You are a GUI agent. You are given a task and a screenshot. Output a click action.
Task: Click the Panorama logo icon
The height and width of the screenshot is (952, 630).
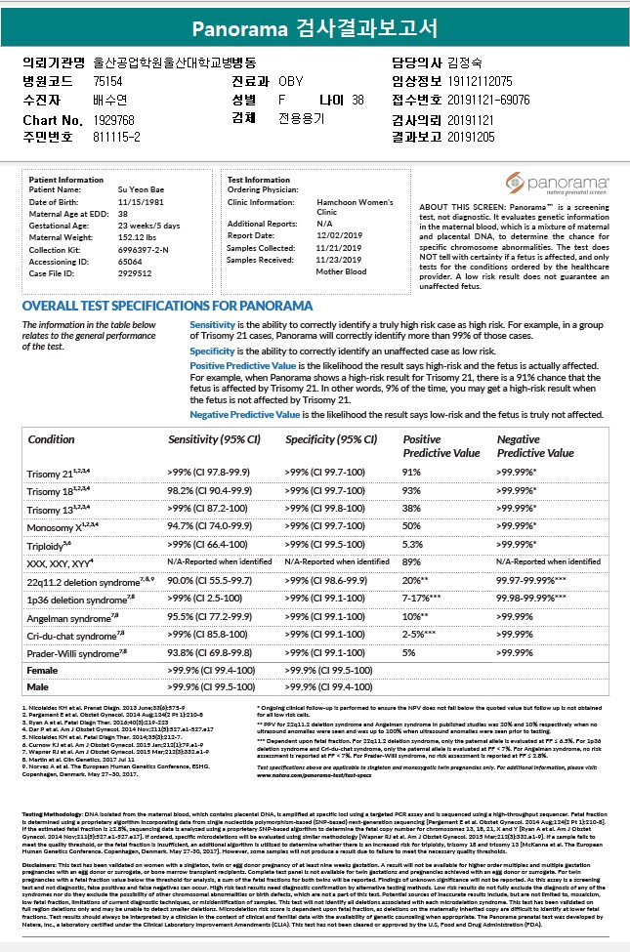tap(515, 183)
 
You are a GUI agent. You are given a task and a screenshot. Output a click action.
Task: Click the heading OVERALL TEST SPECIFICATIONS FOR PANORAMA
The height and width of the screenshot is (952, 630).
tap(153, 306)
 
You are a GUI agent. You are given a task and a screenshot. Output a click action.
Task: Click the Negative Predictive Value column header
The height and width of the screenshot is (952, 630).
tap(535, 446)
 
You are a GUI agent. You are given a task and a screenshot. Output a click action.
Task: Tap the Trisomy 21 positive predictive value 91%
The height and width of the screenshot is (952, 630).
tap(411, 473)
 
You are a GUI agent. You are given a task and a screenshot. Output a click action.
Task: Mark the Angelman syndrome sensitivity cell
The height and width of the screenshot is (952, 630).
tap(209, 618)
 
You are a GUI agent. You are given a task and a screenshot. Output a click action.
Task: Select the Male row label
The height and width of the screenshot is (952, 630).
tap(40, 686)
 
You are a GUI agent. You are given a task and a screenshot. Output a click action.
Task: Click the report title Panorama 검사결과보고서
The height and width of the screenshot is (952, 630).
tap(315, 26)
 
